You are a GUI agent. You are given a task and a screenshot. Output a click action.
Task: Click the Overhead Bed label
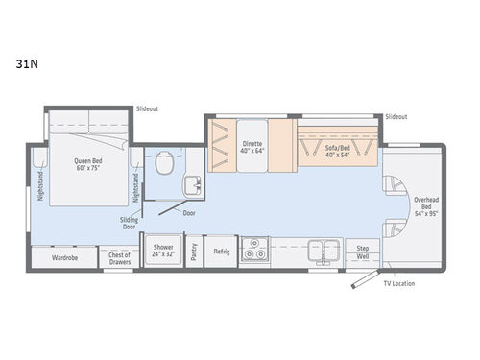[x=426, y=205]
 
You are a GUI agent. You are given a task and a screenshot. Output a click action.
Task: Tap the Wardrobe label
[x=65, y=257]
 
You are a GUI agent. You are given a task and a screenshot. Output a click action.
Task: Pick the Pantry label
[x=194, y=251]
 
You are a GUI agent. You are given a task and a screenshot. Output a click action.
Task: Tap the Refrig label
[x=222, y=250]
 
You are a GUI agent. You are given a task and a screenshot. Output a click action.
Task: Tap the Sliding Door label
[x=128, y=224]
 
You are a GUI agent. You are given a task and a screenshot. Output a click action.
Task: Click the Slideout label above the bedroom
[x=147, y=108]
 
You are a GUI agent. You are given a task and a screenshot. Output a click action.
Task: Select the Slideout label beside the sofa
[x=396, y=116]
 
